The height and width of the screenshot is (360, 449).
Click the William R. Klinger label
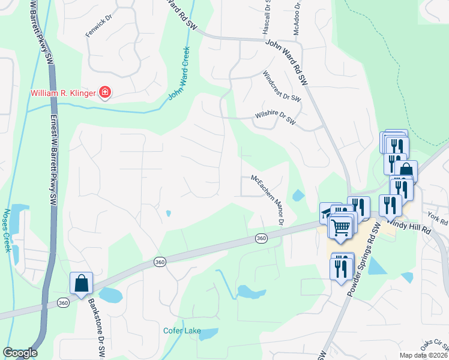tap(64, 93)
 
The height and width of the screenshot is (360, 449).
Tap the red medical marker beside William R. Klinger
tap(105, 92)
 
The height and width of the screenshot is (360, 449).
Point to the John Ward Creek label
tap(179, 73)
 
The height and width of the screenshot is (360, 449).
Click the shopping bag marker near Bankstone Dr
tap(80, 283)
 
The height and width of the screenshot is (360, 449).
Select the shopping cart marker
tap(341, 227)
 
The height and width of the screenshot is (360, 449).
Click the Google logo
tap(20, 353)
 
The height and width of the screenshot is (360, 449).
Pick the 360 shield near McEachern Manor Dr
tap(261, 238)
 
